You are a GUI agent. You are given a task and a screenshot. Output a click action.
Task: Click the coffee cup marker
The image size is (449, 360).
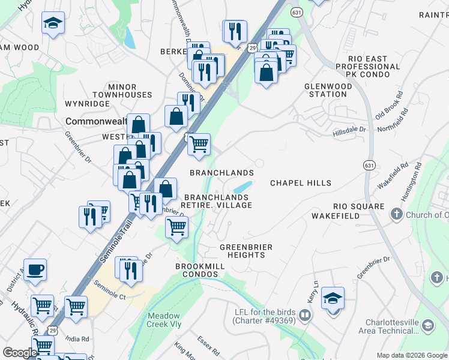35,269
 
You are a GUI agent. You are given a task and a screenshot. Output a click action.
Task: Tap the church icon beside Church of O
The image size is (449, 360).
396,214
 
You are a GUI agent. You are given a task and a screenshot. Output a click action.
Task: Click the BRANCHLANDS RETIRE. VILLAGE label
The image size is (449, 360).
217,201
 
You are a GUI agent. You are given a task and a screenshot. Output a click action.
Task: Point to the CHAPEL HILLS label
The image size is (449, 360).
301,183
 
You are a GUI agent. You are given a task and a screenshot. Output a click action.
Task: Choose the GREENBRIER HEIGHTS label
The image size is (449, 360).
246,251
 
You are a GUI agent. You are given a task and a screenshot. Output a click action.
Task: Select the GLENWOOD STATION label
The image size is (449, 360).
328,90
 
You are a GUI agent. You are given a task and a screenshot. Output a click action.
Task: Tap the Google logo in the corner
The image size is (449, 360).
20,353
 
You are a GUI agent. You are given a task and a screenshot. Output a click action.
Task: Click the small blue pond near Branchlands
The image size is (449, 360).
242,188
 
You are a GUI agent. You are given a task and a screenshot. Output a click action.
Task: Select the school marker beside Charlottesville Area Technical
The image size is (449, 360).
427,325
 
